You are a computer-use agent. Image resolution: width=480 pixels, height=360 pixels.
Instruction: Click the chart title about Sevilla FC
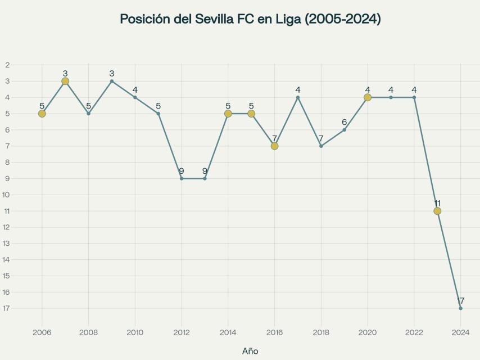(x=250, y=19)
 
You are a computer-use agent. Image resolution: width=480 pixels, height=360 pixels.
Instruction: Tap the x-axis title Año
(x=250, y=351)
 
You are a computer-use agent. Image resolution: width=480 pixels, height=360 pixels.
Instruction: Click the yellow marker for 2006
(x=42, y=114)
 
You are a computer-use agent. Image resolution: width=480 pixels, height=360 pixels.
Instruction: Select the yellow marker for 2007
(x=65, y=81)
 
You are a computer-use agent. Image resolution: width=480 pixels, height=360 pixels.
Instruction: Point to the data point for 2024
(x=460, y=308)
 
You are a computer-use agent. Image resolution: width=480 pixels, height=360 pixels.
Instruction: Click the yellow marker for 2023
(x=437, y=211)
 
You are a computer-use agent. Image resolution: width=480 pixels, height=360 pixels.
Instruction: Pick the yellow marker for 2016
(x=274, y=146)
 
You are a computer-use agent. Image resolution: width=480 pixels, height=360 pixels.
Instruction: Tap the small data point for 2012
(x=182, y=178)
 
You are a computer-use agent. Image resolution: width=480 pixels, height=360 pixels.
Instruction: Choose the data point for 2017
(x=298, y=97)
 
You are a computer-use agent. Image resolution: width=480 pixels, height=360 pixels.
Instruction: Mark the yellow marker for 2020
(x=368, y=97)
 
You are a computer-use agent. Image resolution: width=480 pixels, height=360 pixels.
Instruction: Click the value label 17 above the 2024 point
(x=460, y=300)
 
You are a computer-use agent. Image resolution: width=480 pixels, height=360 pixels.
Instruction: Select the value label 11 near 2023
(x=437, y=203)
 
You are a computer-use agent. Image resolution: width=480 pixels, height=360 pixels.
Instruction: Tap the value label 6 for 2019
(x=345, y=122)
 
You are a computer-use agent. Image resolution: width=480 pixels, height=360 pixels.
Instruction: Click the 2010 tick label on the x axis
(x=135, y=332)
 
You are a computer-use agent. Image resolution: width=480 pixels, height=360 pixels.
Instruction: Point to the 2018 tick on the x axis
(x=321, y=332)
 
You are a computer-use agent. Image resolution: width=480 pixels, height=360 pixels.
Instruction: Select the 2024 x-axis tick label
(x=460, y=332)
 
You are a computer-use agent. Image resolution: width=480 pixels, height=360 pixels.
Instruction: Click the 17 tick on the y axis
(x=7, y=308)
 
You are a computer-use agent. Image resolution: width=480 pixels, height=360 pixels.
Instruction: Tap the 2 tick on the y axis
(x=7, y=65)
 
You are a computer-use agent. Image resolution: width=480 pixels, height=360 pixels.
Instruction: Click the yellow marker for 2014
(x=228, y=114)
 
